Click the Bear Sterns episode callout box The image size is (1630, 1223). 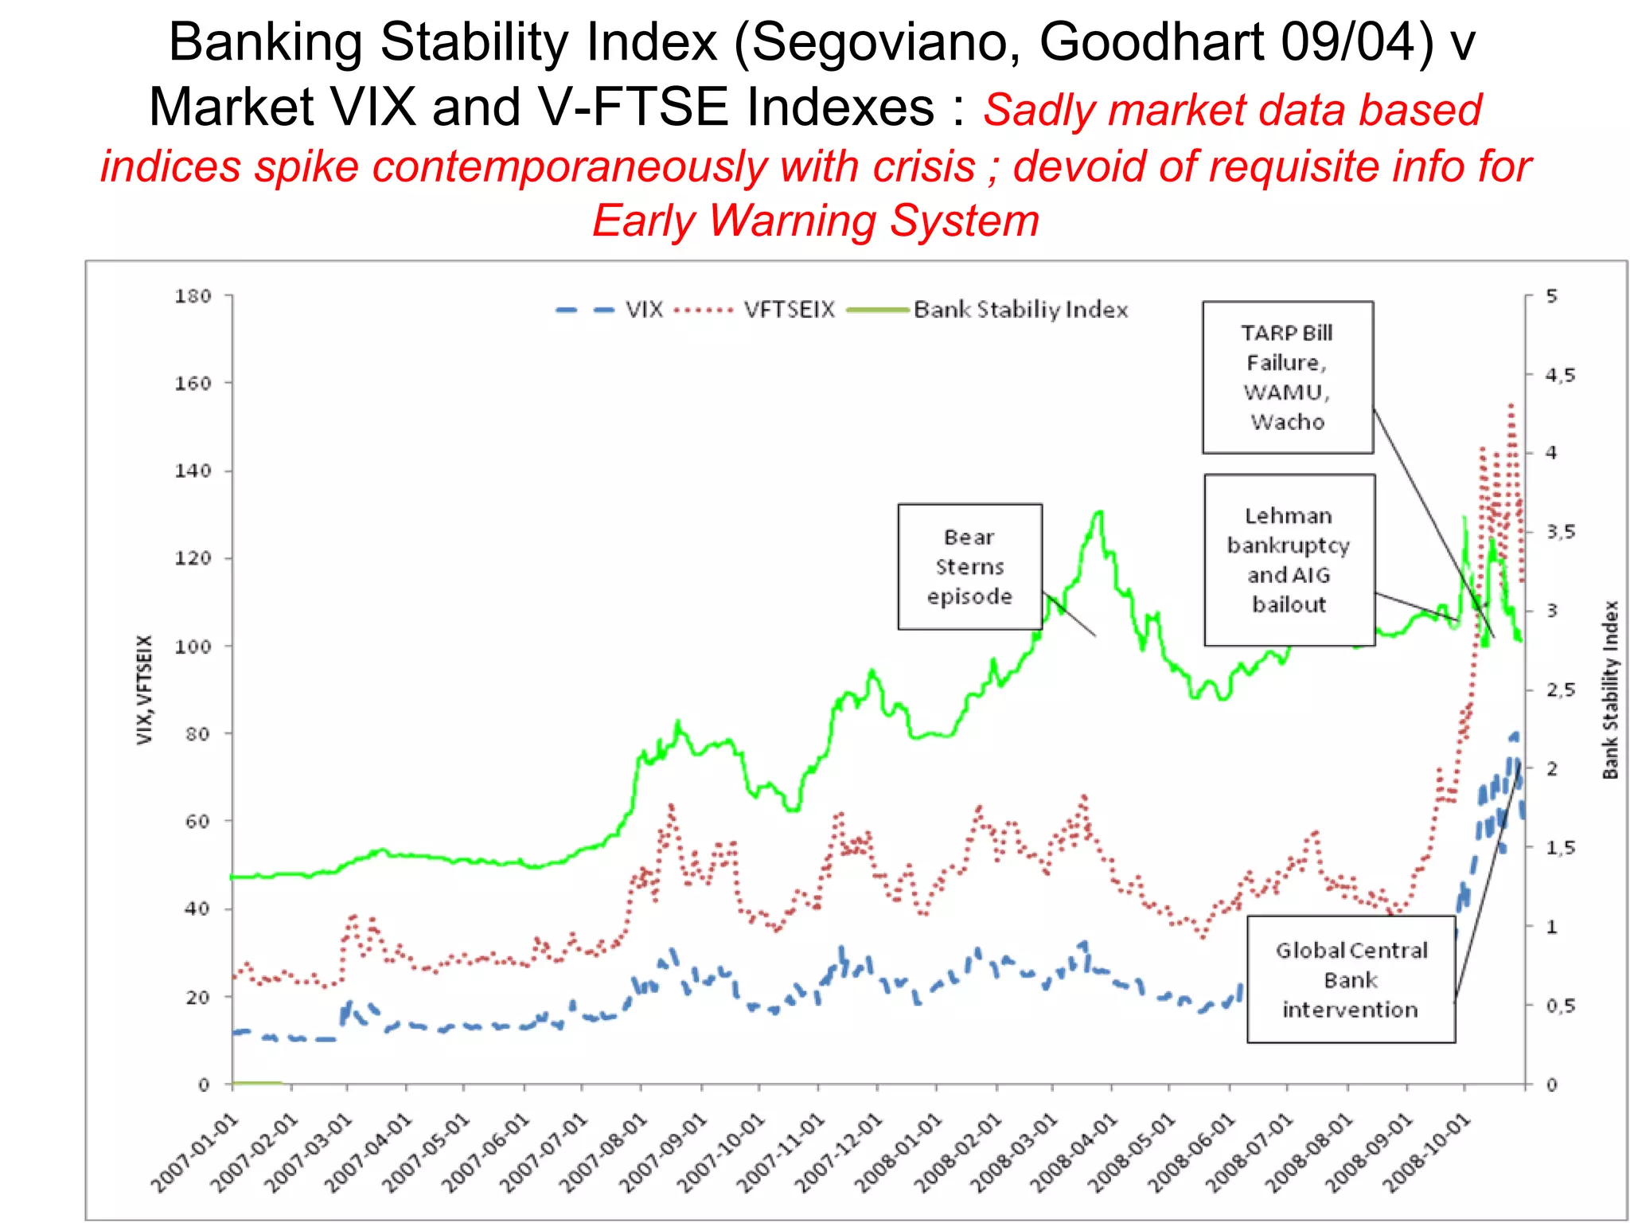[969, 567]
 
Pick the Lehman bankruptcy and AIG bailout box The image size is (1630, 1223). [1289, 560]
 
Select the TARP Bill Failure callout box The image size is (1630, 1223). [1287, 377]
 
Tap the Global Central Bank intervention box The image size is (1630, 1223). [1351, 979]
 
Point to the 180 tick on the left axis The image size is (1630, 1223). [193, 296]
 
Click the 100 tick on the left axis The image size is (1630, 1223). [193, 647]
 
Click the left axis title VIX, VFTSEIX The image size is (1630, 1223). [144, 690]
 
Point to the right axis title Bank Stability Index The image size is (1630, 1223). [1610, 690]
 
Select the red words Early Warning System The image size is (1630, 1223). [816, 221]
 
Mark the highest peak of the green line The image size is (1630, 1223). [1099, 512]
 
